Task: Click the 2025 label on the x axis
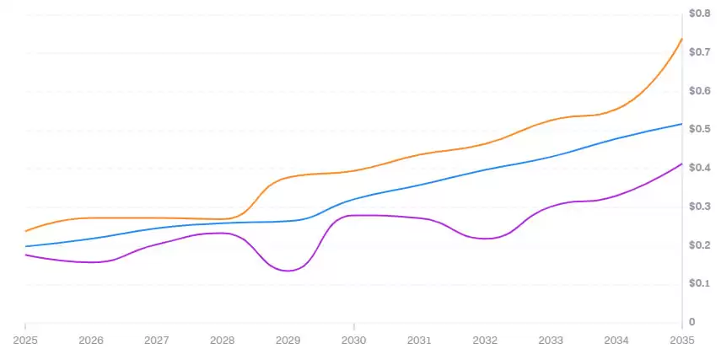click(25, 341)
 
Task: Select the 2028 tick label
click(222, 341)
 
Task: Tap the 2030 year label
click(353, 341)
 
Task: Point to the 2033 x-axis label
click(551, 341)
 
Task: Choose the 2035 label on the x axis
click(681, 341)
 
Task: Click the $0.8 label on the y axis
click(701, 13)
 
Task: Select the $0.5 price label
click(701, 129)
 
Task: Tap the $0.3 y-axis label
click(701, 207)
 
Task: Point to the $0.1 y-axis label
click(701, 283)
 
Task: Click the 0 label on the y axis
click(691, 322)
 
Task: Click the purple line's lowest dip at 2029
click(288, 271)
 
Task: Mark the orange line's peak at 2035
click(681, 39)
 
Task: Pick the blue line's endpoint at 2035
click(681, 124)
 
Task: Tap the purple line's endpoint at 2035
click(681, 164)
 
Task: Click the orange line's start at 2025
click(25, 231)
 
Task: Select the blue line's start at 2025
click(25, 246)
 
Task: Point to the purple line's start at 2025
click(25, 255)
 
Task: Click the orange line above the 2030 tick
click(353, 170)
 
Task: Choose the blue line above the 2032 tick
click(485, 170)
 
